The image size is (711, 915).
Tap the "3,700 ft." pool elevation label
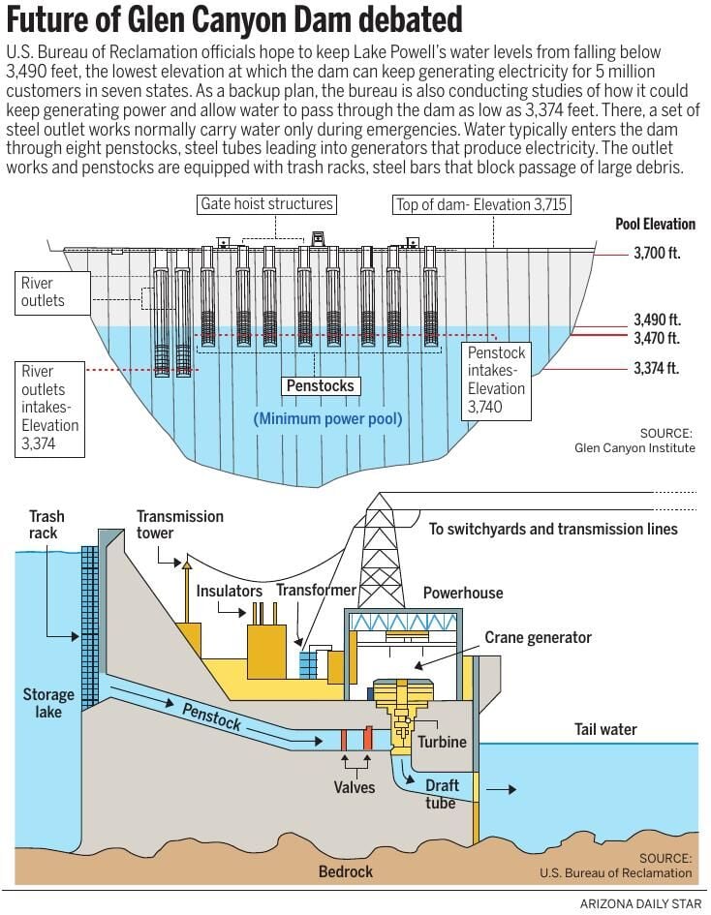pos(657,254)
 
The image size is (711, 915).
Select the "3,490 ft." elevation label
pos(657,319)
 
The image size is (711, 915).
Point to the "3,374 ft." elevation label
pos(657,368)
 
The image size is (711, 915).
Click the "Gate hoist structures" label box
pos(266,204)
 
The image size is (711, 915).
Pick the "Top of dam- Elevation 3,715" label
pos(481,204)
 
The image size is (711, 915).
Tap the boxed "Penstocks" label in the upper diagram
pos(320,385)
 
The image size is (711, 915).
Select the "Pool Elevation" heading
pos(656,224)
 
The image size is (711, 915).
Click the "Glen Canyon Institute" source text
pos(634,447)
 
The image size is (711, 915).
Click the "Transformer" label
pos(316,590)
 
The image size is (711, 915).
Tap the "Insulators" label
pos(230,590)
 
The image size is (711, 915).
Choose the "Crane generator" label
pos(538,637)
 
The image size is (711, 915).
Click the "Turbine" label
pos(442,742)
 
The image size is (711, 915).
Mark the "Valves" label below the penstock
pos(354,787)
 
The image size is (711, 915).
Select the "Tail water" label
pos(605,729)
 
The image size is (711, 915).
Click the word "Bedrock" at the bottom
pos(346,871)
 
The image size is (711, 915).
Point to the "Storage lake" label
pos(48,703)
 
